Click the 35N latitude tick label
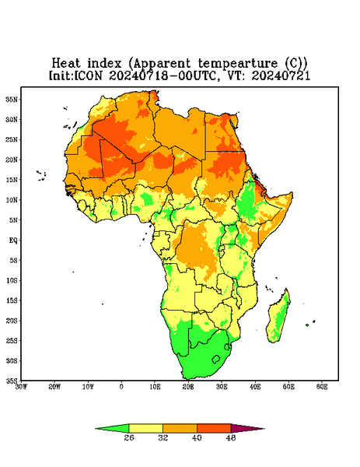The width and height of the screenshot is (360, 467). pos(12,100)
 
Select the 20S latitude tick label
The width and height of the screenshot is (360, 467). pos(12,321)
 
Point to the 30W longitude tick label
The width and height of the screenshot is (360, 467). pos(22,387)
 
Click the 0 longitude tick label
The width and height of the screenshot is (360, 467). pos(121,387)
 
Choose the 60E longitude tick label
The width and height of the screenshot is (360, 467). pos(322,387)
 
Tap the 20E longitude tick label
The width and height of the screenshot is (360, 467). pos(188,387)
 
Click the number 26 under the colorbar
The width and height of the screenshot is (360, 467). pos(129,437)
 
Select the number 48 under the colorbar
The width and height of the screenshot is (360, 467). pos(231,437)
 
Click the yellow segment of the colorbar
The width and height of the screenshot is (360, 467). pos(145,428)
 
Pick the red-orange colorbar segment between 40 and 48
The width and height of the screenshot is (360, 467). pos(214,428)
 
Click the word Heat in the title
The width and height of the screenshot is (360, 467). pos(66,64)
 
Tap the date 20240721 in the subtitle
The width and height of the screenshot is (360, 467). pos(281,75)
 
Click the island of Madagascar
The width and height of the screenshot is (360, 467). pos(278,318)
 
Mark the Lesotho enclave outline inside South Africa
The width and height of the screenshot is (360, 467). pos(216,359)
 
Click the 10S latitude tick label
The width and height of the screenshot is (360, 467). pos(12,280)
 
